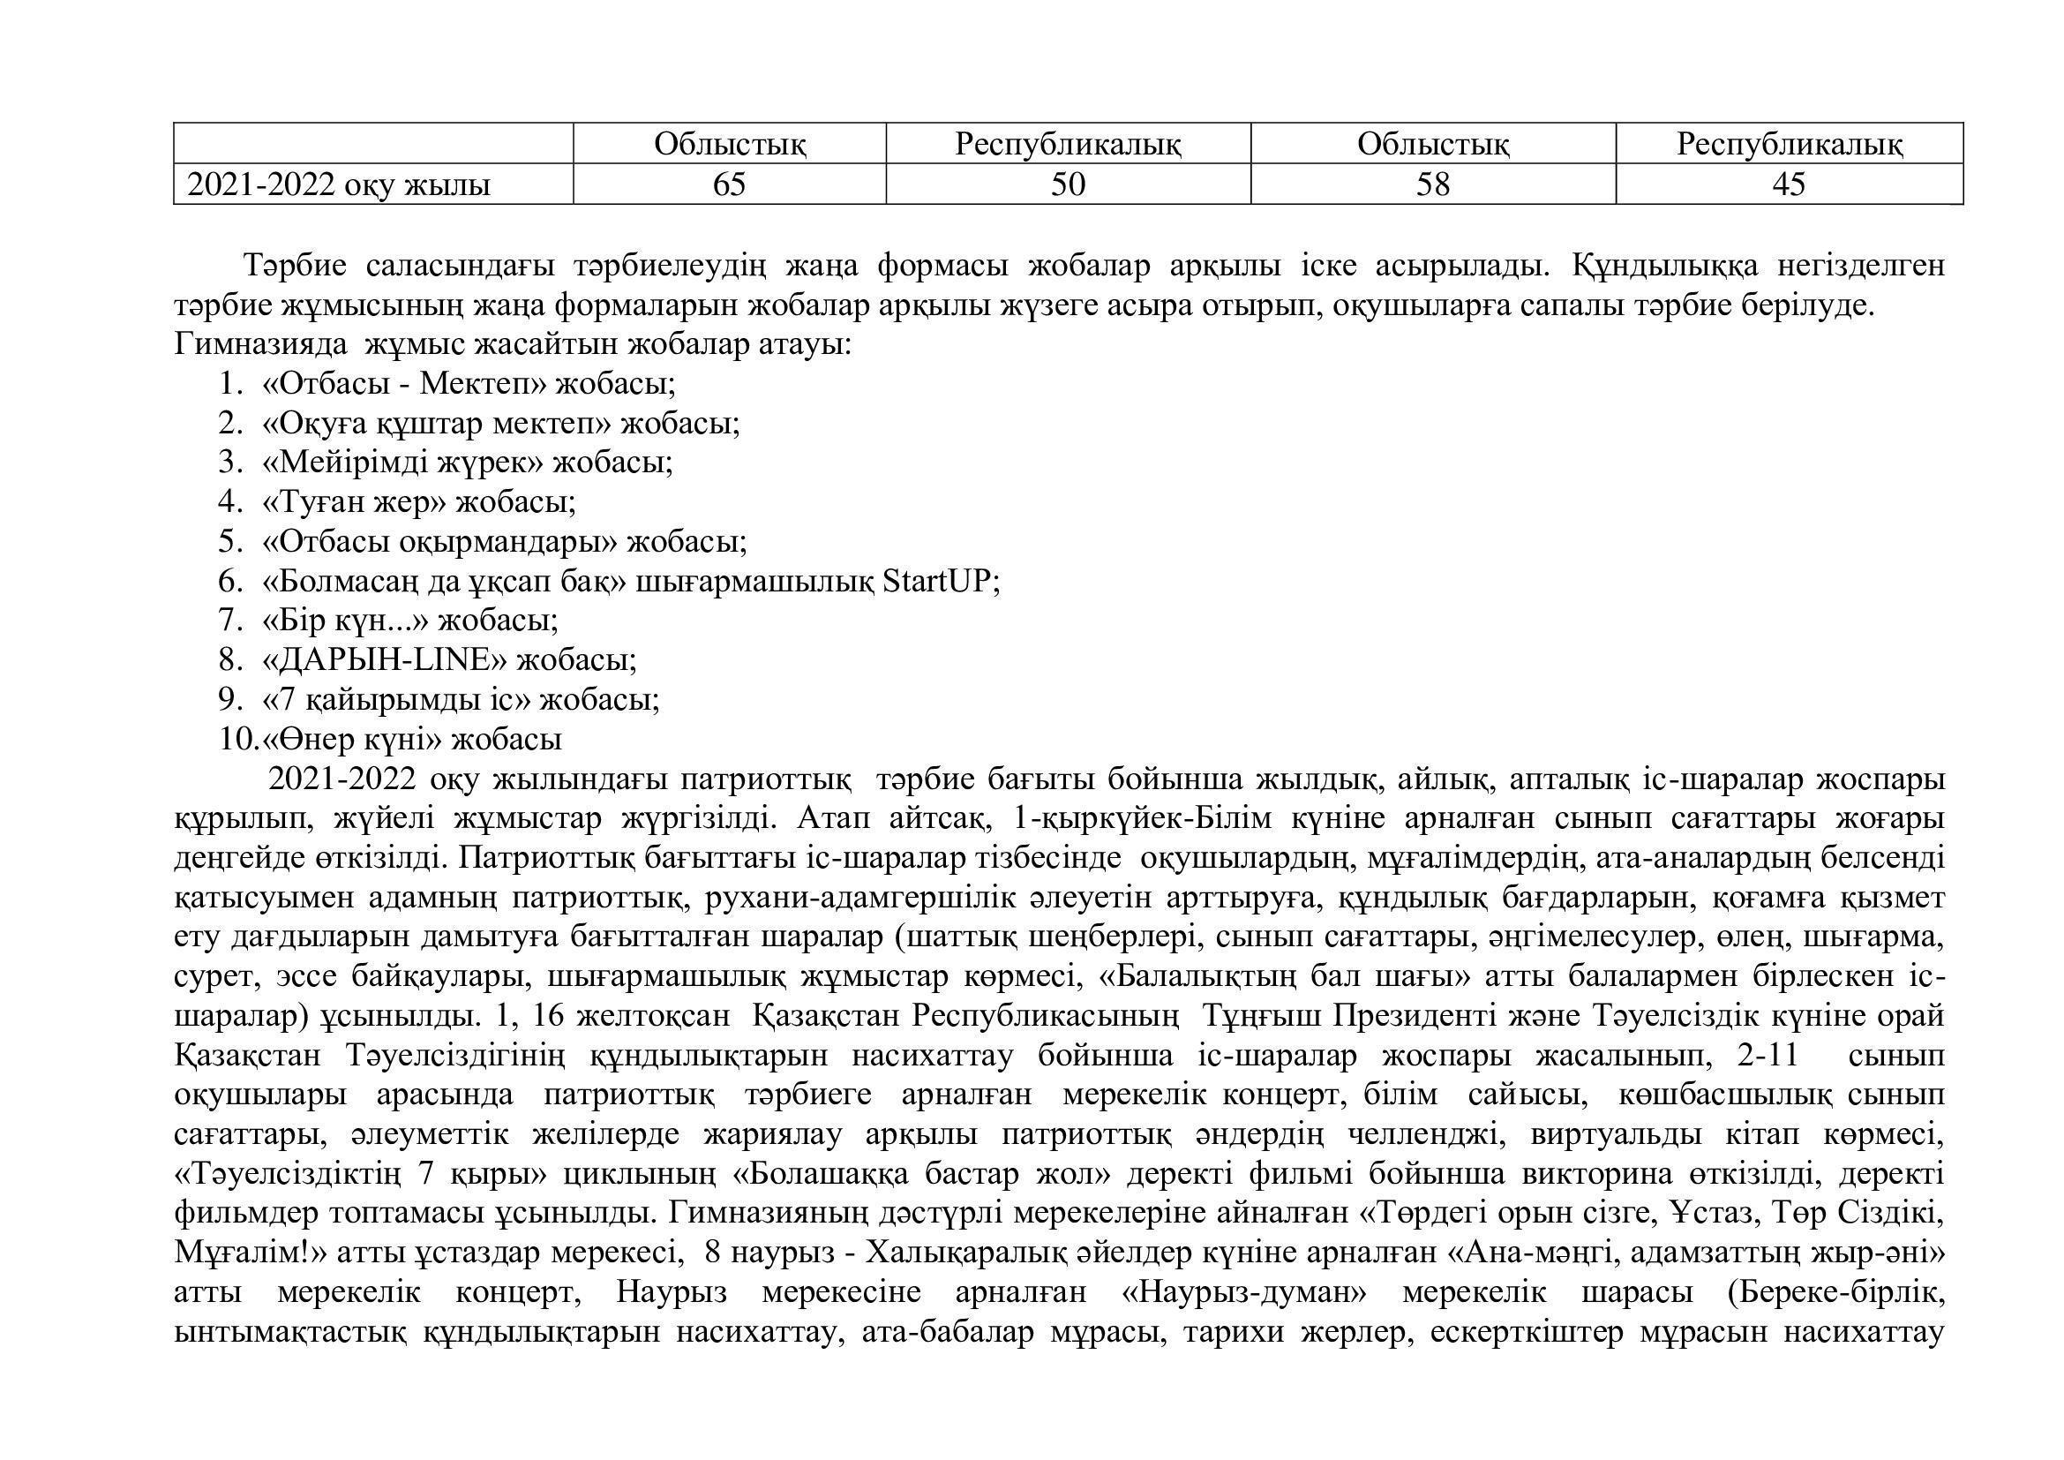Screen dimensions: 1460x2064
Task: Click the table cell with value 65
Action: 729,184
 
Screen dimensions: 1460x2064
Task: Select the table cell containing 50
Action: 1068,184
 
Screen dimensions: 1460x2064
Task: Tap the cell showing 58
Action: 1433,184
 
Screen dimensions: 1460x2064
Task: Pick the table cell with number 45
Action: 1788,184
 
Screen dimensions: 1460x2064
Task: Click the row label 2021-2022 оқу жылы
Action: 339,185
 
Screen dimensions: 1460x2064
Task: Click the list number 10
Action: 238,739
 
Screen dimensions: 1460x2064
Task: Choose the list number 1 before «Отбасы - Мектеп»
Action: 230,384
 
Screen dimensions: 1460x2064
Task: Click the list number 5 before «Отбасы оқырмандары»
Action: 230,541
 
